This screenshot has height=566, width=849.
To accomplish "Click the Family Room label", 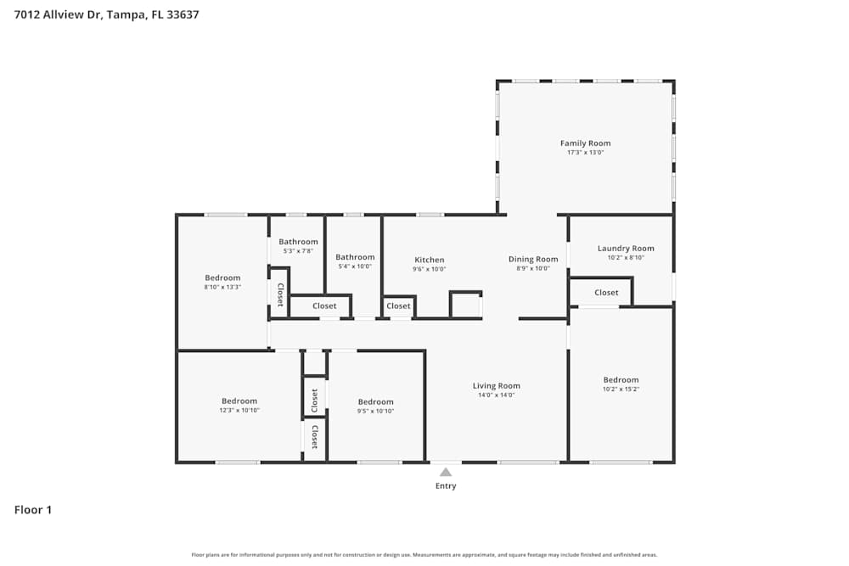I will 585,143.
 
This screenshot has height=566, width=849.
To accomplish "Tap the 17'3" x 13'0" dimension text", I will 585,153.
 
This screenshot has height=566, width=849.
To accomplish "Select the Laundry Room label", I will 626,249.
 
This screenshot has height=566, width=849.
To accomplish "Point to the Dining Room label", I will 533,259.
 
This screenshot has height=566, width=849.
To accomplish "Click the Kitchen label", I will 429,260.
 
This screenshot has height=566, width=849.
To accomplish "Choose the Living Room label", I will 496,385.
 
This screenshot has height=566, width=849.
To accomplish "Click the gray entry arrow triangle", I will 446,472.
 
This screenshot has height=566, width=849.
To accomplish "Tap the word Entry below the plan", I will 446,486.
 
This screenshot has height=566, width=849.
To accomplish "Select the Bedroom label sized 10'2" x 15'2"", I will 621,380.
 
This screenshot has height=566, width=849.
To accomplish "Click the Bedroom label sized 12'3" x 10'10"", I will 239,401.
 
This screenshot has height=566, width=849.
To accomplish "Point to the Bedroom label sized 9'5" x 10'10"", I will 375,402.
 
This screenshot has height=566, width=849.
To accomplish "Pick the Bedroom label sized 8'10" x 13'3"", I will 222,277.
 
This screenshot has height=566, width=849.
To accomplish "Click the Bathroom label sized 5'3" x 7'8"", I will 298,242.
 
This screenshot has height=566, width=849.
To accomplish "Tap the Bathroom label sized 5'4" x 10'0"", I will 355,257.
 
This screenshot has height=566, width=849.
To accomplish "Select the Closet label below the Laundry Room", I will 606,293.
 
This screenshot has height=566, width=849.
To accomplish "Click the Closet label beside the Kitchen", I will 398,306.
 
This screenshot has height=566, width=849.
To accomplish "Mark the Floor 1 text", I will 33,510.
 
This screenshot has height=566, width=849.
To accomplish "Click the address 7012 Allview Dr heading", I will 107,14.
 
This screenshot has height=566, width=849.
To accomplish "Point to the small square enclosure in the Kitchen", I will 465,305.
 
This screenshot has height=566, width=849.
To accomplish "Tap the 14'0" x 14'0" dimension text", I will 496,395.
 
